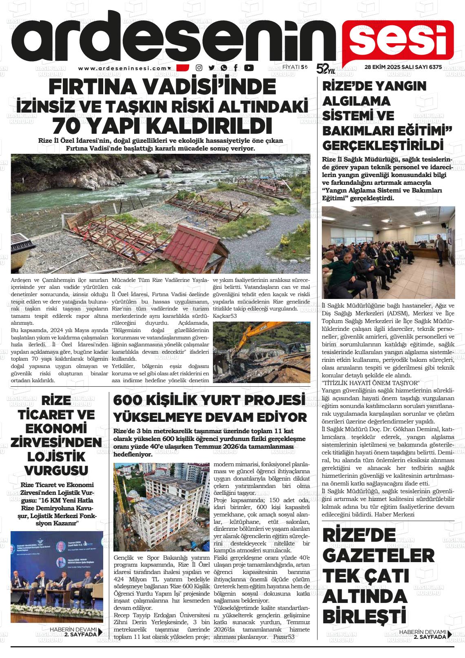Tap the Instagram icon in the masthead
(199, 68)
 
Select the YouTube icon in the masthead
(248, 68)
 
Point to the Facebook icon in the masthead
(236, 68)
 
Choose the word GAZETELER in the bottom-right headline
(378, 556)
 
